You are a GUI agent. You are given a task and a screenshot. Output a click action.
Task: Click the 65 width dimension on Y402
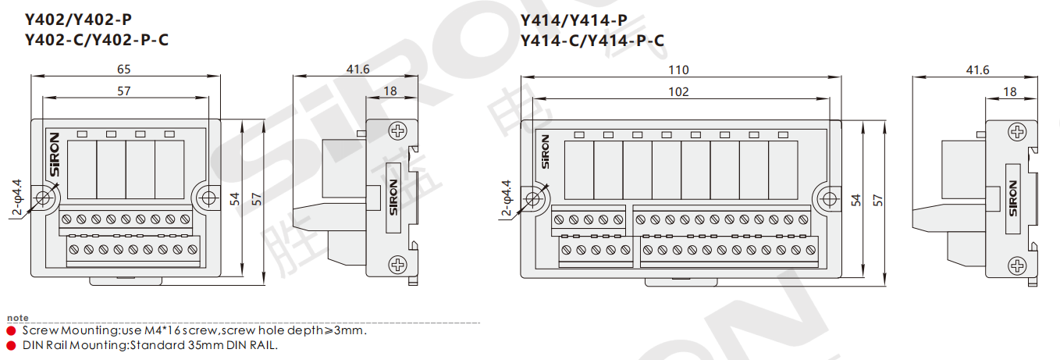click(124, 70)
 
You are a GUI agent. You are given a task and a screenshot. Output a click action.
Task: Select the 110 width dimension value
click(678, 70)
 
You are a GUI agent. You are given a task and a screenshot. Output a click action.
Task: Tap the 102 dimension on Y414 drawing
click(678, 92)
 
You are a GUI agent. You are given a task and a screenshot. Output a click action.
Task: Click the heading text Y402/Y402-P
click(78, 20)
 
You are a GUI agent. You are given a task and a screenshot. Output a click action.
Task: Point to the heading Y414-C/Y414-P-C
click(592, 41)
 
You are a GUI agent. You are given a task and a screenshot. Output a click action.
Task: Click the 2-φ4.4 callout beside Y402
click(17, 198)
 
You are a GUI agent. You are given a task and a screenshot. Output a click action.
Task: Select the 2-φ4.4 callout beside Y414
click(507, 198)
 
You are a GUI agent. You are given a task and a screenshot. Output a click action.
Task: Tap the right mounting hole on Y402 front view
click(208, 198)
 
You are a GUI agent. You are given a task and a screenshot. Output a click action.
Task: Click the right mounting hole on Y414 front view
click(830, 199)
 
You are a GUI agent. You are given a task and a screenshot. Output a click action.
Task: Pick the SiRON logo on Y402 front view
click(55, 155)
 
